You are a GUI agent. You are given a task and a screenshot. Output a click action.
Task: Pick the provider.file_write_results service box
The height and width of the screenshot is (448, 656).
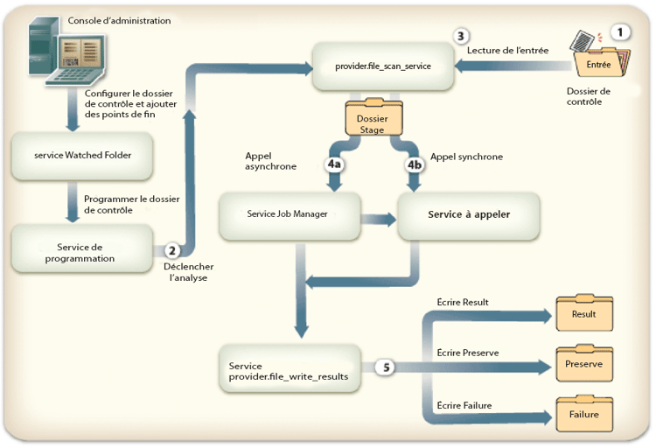[x=290, y=370]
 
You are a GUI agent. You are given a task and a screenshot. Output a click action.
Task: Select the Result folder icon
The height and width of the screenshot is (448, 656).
[x=583, y=312]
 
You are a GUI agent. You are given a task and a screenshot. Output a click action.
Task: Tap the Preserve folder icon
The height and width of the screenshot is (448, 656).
[x=583, y=362]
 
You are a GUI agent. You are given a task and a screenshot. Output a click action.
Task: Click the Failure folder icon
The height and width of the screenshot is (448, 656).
[x=583, y=413]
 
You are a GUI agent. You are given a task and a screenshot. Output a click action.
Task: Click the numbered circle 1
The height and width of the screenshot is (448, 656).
[x=622, y=31]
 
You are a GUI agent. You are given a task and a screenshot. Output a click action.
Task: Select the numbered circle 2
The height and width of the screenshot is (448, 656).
[x=173, y=249]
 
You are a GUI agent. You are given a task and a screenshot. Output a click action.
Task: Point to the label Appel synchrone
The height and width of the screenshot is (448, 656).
[x=468, y=157]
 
